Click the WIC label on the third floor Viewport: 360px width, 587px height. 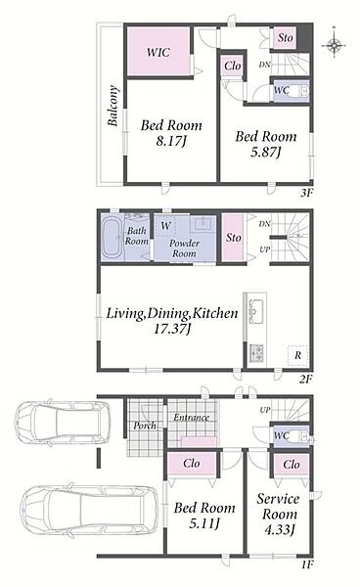158,52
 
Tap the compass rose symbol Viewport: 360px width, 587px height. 334,45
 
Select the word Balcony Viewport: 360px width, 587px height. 113,106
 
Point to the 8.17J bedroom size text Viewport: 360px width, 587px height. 171,141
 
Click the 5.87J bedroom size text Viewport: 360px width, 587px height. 265,152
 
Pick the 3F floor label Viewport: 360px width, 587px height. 306,193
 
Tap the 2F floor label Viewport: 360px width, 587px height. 306,379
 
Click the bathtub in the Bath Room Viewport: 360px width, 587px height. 112,238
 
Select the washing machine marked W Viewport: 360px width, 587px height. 165,226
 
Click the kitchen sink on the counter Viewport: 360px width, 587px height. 256,311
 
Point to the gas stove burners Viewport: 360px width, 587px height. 257,353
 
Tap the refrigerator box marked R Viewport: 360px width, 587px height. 297,355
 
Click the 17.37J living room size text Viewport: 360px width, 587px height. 172,329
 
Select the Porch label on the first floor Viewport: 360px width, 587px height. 145,426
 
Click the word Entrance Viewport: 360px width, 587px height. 191,417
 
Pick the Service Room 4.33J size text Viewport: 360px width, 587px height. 280,529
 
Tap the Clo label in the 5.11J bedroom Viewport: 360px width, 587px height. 192,464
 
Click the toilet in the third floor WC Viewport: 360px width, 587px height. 300,91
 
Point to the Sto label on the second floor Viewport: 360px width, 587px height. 233,238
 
